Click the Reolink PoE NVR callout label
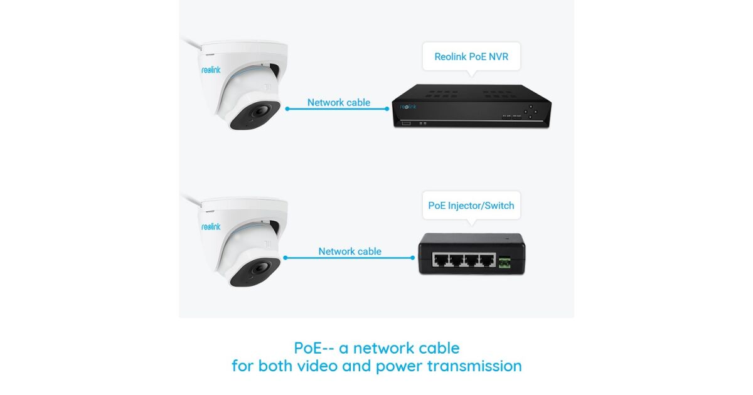tap(471, 56)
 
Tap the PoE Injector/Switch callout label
tap(471, 205)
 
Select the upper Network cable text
tap(338, 102)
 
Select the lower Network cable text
tap(350, 251)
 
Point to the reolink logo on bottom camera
tap(211, 226)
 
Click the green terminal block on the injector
tap(505, 263)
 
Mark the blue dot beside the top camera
tap(287, 108)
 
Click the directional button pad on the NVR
tap(530, 111)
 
